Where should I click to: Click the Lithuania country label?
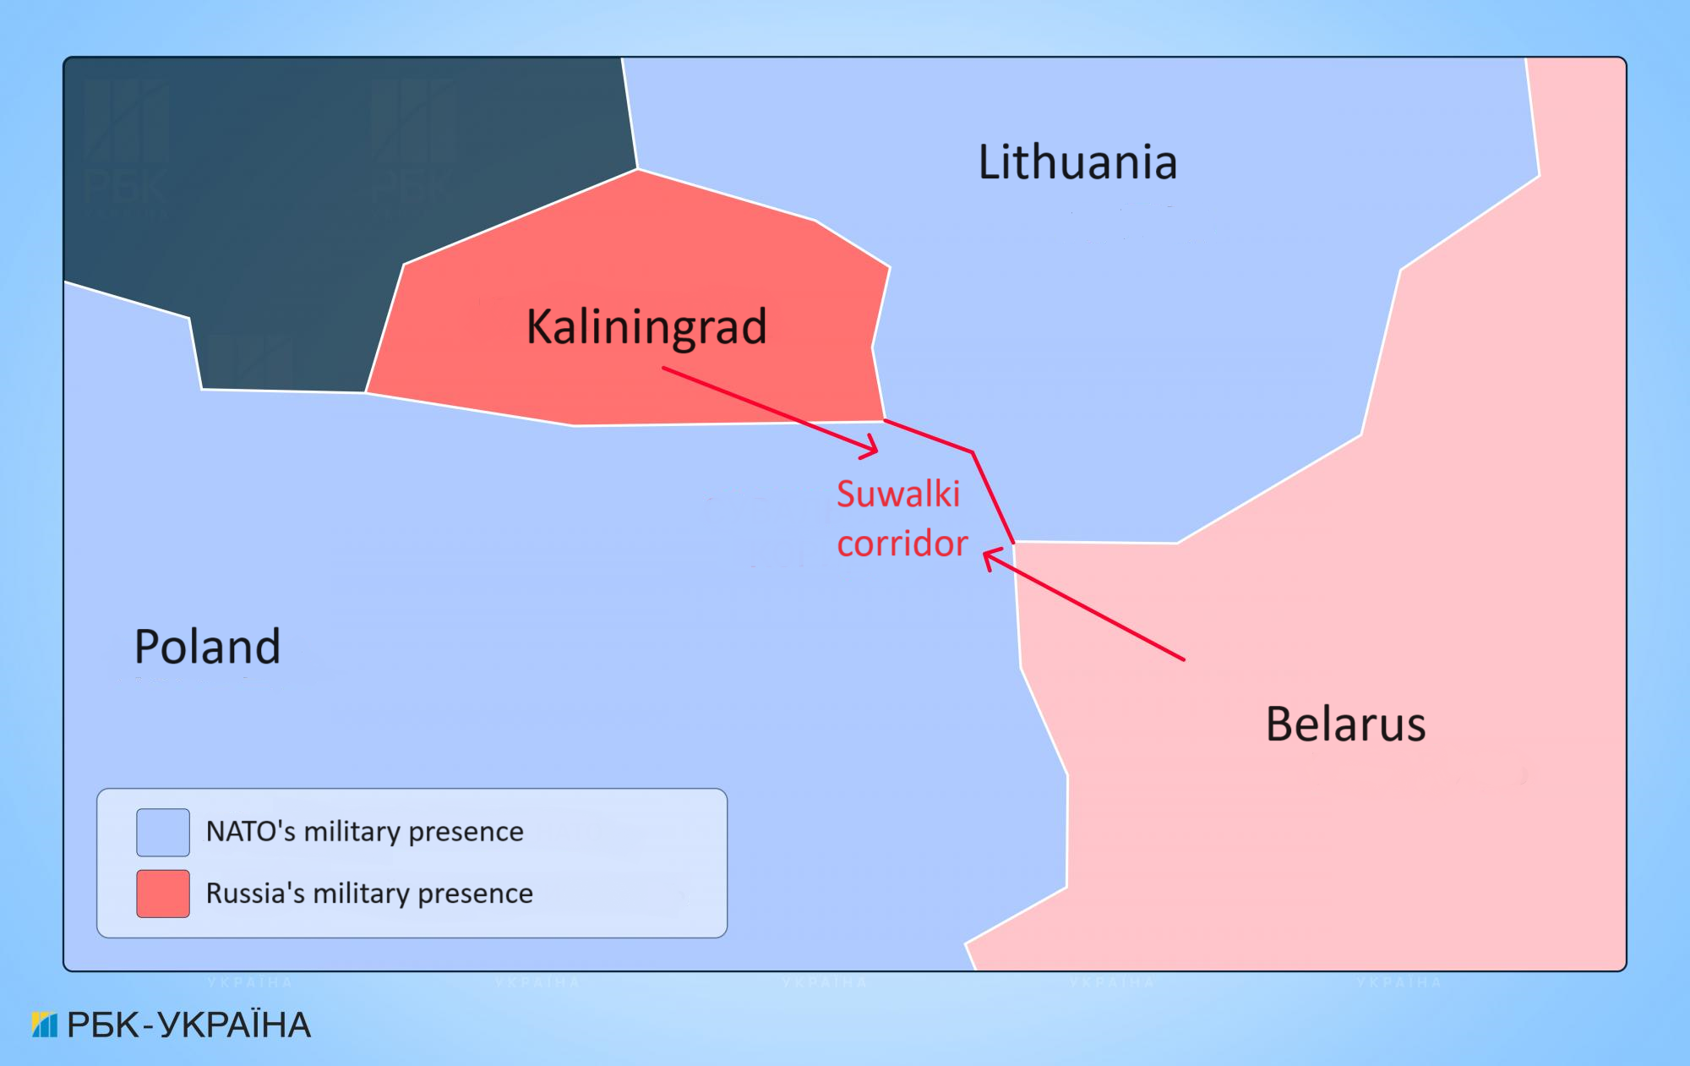coord(1077,162)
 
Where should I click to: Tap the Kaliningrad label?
coord(646,327)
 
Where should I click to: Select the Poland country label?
coord(207,648)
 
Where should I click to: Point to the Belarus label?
coord(1345,724)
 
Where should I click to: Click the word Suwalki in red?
coord(898,495)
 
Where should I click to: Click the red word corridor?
coord(902,544)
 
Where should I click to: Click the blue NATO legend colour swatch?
coord(163,832)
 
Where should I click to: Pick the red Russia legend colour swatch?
coord(163,894)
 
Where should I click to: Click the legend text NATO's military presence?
coord(364,832)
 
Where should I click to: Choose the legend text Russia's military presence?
coord(369,894)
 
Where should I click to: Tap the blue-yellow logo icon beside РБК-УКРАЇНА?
coord(45,1025)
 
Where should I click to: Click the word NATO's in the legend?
coord(250,831)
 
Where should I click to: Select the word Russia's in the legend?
coord(255,893)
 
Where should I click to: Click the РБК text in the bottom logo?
coord(103,1025)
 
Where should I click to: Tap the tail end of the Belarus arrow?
coord(1183,658)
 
